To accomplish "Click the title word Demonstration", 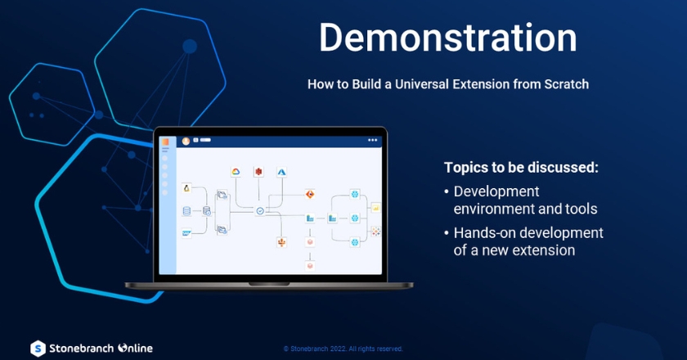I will pyautogui.click(x=447, y=38).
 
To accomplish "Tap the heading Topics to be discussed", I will pyautogui.click(x=521, y=168).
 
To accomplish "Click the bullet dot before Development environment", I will pyautogui.click(x=447, y=191).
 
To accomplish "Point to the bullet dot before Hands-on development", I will pyautogui.click(x=447, y=233).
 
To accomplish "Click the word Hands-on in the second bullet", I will pyautogui.click(x=482, y=233).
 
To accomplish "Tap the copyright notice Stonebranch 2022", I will pyautogui.click(x=343, y=348).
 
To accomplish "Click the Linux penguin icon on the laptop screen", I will pyautogui.click(x=186, y=188).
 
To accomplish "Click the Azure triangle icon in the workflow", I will pyautogui.click(x=281, y=171).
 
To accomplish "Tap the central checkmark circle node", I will pyautogui.click(x=259, y=211).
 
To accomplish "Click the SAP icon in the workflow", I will pyautogui.click(x=186, y=233).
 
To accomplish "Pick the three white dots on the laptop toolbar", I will pyautogui.click(x=373, y=140).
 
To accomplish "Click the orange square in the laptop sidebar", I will pyautogui.click(x=164, y=143).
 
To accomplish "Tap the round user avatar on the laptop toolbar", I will pyautogui.click(x=186, y=140).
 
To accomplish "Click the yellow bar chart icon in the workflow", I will pyautogui.click(x=375, y=207).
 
